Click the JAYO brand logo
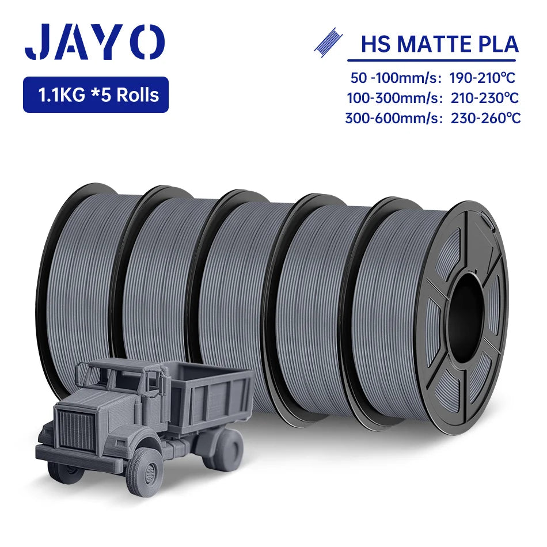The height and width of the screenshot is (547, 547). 94,41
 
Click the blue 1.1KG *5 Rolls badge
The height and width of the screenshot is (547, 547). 96,95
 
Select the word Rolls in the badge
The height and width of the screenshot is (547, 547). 138,95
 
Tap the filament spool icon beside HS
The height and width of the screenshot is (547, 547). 328,42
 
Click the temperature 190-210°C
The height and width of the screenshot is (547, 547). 482,78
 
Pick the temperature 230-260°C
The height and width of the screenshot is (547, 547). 485,118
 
